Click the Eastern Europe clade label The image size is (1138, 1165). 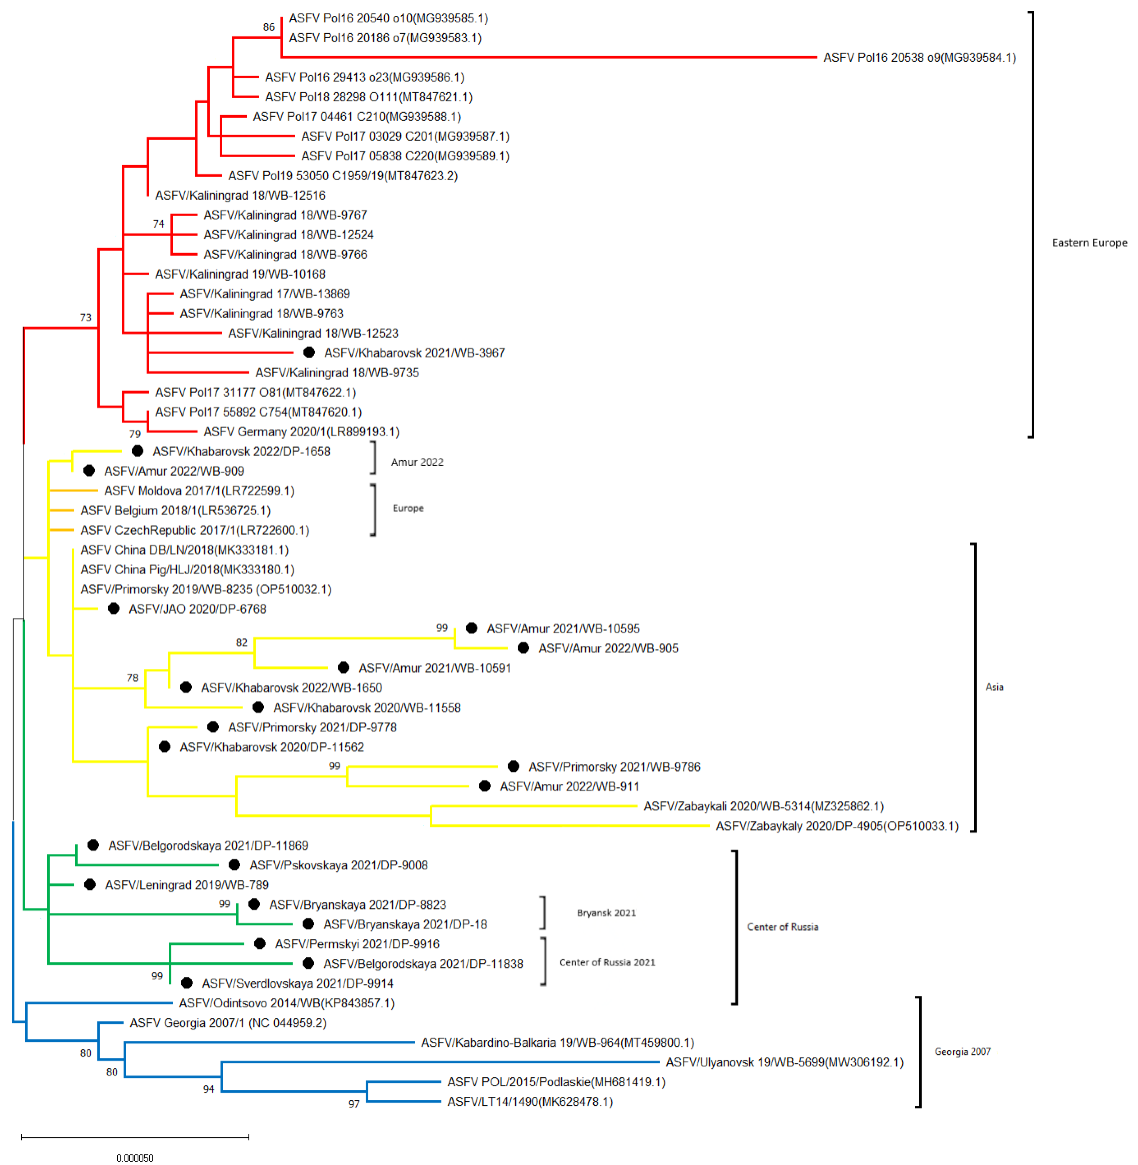1089,243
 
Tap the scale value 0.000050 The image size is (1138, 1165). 135,1158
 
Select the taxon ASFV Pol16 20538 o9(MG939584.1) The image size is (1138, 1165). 919,57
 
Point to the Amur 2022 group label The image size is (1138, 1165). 417,462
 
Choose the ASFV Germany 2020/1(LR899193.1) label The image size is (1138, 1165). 301,431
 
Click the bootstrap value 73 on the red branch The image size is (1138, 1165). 85,317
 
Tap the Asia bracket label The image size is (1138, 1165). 994,687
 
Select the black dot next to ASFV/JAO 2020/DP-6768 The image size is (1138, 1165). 114,608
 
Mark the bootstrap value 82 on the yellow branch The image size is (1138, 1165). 241,643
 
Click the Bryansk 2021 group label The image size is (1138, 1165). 606,913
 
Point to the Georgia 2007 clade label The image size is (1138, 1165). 962,1051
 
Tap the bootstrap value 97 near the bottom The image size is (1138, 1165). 354,1104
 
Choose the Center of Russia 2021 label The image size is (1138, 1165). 607,962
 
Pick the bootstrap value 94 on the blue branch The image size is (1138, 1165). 208,1089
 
